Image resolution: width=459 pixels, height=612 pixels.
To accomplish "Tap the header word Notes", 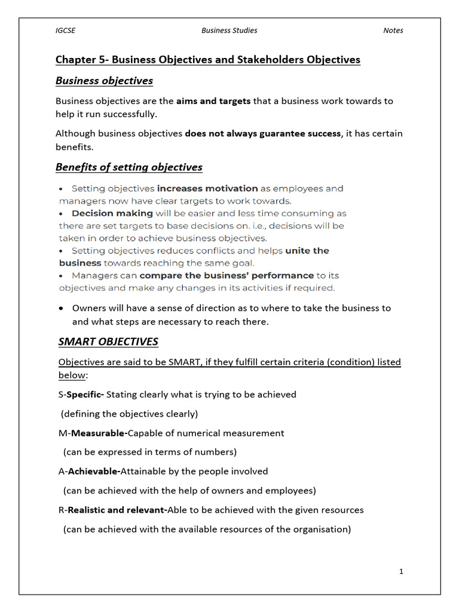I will [393, 30].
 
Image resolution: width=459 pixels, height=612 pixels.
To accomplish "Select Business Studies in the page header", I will [229, 30].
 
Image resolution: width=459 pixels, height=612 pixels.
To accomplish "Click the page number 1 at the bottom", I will [401, 571].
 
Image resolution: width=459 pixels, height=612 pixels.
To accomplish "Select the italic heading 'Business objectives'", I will [104, 81].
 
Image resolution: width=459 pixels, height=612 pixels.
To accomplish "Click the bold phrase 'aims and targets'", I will [213, 101].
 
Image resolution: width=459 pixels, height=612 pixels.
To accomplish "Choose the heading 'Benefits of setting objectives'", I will [128, 167].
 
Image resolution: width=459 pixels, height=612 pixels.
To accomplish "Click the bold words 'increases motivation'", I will [207, 189].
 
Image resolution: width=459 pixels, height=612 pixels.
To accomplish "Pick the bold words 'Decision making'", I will [112, 213].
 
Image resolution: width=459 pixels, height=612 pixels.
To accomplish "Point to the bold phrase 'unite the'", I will [307, 251].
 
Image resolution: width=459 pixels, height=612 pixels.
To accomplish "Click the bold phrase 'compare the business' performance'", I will [227, 276].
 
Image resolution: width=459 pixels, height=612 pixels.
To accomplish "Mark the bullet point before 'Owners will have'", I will [62, 308].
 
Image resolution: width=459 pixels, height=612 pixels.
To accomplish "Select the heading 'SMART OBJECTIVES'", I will [108, 342].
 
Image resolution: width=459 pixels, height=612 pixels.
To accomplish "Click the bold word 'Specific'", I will [84, 394].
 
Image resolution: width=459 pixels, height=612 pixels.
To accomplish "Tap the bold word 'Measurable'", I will [99, 433].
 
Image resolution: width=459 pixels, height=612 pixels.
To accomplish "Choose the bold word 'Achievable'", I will [93, 472].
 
